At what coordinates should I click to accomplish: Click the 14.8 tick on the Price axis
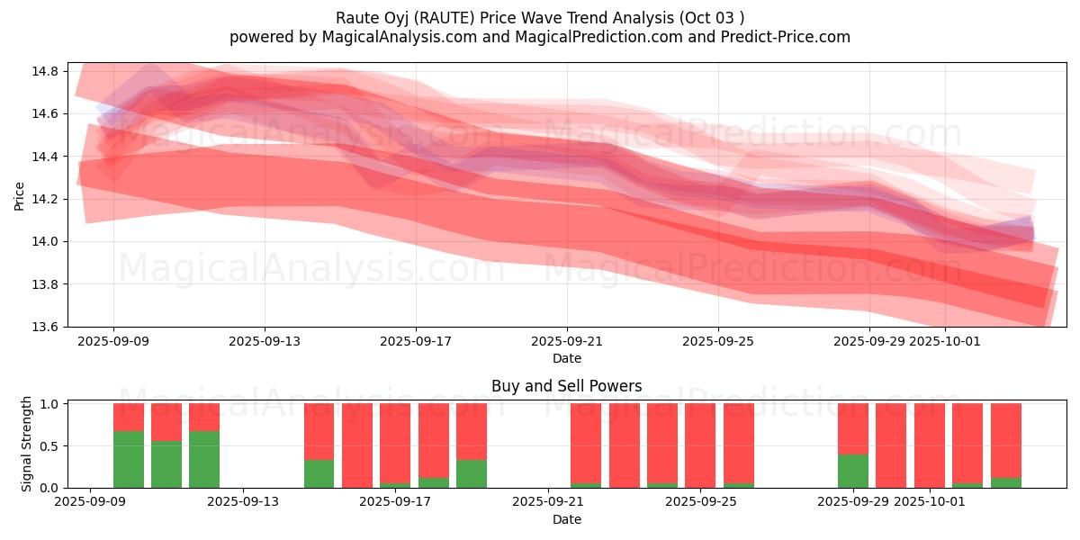pos(47,71)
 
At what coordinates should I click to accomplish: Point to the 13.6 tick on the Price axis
pos(47,327)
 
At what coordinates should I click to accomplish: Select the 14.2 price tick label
pos(47,199)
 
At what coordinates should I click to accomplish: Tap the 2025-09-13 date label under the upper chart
pos(265,342)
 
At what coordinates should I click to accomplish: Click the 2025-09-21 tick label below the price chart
pos(567,342)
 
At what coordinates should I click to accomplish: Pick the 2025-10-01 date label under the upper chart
pos(945,342)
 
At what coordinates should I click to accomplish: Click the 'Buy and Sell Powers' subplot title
pos(567,386)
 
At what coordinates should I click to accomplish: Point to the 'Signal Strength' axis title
pos(27,444)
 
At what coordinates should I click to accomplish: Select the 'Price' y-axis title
pos(20,195)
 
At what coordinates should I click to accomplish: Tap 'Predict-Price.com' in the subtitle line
pos(787,37)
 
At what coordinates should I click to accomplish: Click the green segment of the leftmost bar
pos(129,460)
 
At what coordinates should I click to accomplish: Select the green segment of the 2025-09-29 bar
pos(853,471)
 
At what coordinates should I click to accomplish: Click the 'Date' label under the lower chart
pos(567,519)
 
